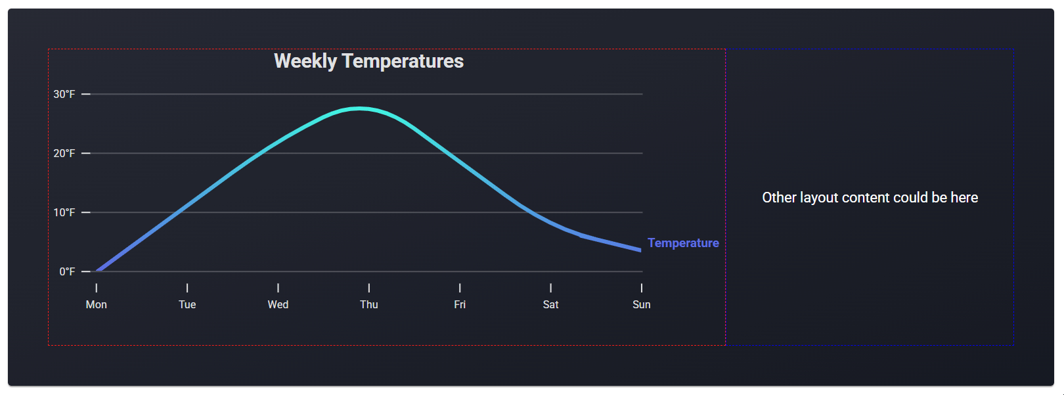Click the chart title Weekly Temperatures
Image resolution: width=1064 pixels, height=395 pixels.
tap(368, 61)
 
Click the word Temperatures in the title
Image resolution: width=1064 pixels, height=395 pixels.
tap(403, 61)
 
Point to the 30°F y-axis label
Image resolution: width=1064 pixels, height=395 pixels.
tap(64, 94)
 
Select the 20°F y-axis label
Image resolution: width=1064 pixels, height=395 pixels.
tap(64, 153)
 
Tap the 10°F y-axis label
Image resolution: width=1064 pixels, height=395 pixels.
tap(64, 212)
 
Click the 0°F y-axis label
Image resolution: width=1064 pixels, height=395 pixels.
tap(67, 271)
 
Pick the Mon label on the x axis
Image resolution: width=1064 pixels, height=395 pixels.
tap(97, 304)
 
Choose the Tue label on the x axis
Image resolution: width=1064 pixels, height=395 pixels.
tap(187, 304)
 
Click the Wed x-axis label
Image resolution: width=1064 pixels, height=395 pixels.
tap(278, 304)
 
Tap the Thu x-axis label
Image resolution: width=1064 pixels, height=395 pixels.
tap(369, 304)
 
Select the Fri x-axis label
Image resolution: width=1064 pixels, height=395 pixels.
tap(460, 304)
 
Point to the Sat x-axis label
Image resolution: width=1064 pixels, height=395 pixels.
tap(550, 304)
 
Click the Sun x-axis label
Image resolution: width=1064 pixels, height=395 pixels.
tap(641, 304)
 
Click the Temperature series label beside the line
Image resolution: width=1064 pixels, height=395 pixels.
tap(683, 243)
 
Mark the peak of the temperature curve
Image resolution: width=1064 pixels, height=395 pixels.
tap(359, 108)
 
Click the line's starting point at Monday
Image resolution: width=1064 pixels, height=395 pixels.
tap(98, 270)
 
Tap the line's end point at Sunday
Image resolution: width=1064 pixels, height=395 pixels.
tap(640, 250)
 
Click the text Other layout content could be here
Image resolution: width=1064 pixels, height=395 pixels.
tap(870, 198)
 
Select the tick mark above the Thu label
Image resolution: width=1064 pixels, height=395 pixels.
tap(369, 288)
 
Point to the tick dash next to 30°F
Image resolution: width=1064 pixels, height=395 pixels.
tap(86, 94)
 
